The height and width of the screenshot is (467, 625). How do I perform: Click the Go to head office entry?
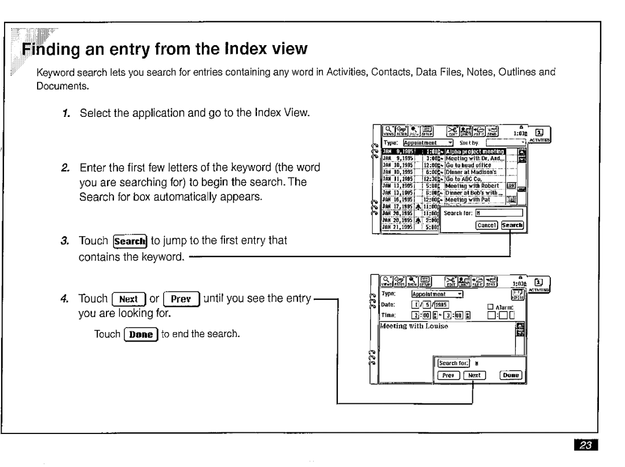click(x=455, y=165)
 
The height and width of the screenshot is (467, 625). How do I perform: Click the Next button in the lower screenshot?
click(x=473, y=375)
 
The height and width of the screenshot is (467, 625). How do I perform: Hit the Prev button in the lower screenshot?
click(x=447, y=375)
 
